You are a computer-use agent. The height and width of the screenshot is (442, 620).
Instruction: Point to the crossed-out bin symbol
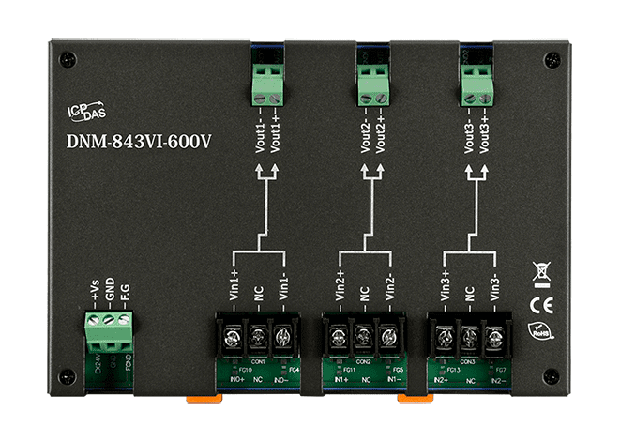click(540, 272)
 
